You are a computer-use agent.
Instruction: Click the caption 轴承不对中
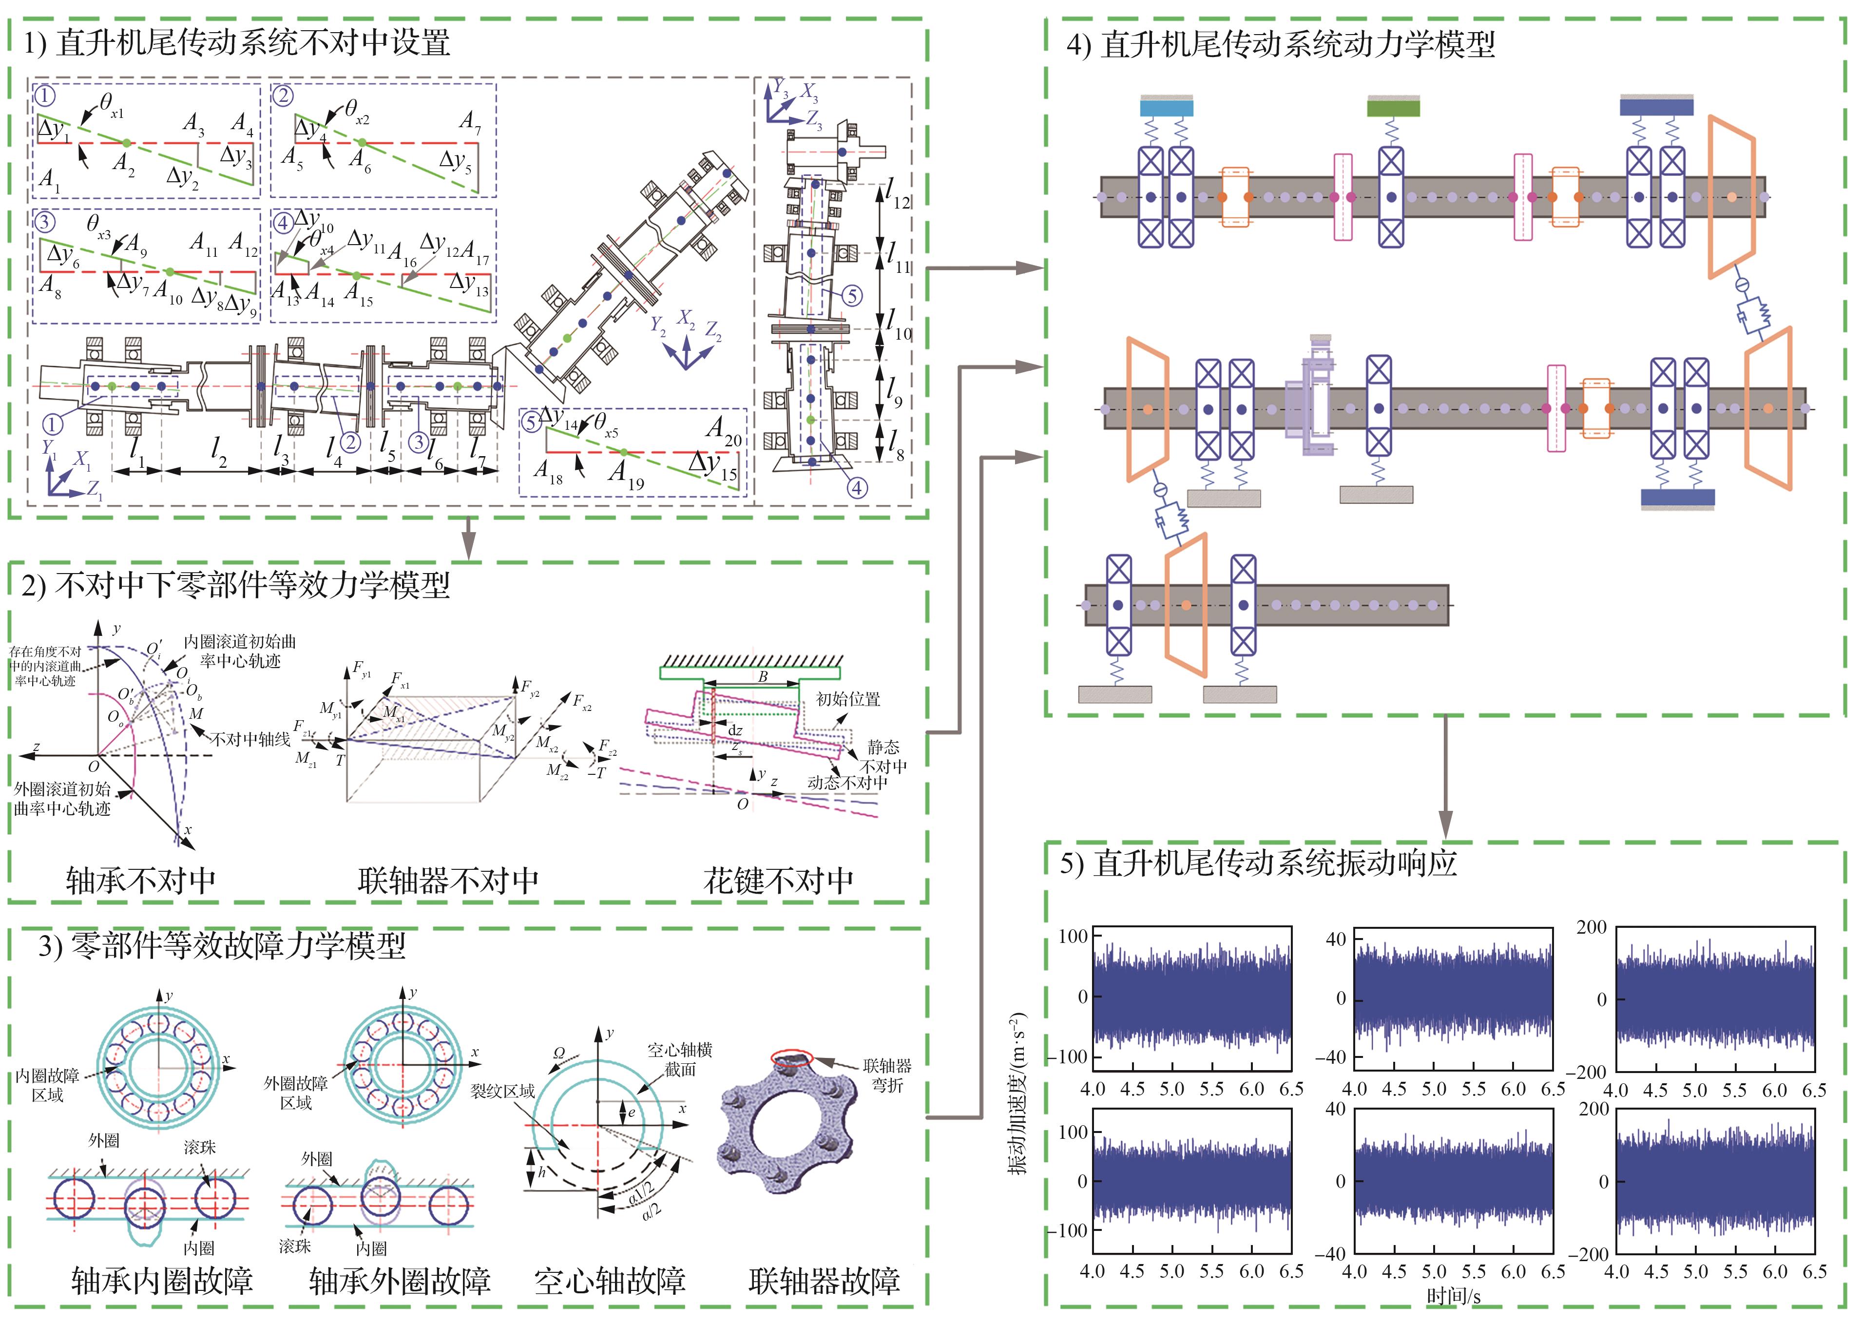141,880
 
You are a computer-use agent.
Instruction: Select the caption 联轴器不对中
448,880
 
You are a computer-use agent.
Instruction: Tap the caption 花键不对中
779,880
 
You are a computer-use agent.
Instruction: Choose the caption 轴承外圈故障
400,1281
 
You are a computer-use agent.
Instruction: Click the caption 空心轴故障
610,1281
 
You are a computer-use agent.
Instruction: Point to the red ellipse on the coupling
791,1059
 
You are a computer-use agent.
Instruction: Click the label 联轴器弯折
887,1075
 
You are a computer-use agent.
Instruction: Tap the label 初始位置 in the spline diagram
848,699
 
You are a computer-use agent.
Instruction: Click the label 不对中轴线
250,739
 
